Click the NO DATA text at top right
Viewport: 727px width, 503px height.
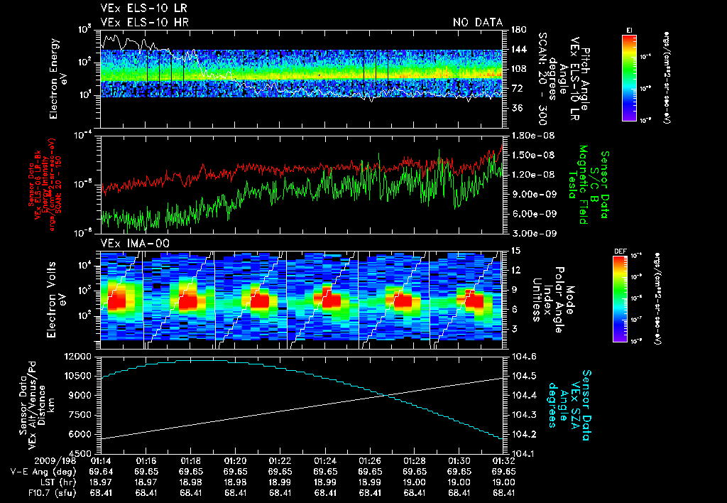(477, 22)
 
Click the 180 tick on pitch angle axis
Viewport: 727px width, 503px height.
(516, 30)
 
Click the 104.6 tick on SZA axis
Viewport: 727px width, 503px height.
(520, 356)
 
